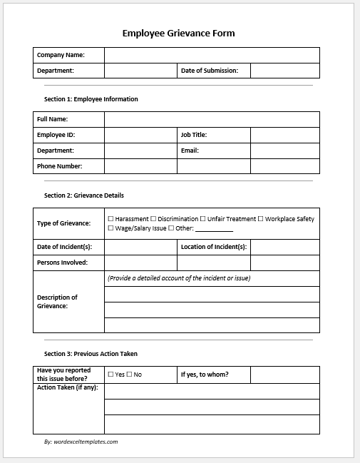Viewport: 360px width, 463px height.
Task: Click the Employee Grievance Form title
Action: point(178,33)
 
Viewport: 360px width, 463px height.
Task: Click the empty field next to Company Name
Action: point(212,55)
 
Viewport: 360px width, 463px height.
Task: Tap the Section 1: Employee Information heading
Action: point(91,99)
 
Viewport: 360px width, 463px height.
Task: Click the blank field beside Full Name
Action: point(212,119)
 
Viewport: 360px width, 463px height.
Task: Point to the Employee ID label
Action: point(56,135)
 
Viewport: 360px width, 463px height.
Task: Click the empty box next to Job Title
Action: point(284,135)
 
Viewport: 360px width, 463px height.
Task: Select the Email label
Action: point(190,151)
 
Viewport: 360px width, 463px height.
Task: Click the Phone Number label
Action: point(59,166)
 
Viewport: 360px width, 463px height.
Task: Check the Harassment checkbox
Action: point(110,219)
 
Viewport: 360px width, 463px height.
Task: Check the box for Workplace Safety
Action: point(261,219)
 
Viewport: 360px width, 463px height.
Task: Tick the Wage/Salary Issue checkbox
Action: point(110,228)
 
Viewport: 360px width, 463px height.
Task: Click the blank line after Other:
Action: point(214,229)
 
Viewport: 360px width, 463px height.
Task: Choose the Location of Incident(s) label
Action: point(214,247)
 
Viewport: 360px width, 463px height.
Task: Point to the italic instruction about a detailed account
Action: point(179,278)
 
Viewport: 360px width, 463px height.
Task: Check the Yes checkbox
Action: point(110,375)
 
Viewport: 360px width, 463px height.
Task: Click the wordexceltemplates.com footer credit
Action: point(81,442)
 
